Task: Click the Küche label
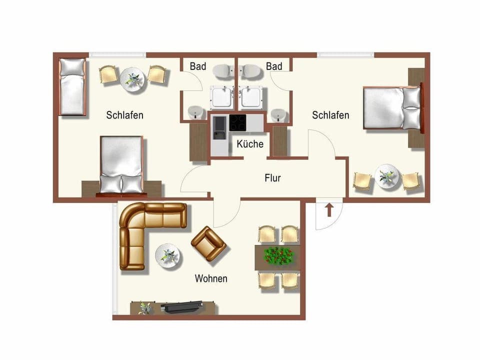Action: click(250, 144)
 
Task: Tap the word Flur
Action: click(272, 177)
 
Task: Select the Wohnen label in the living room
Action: click(211, 278)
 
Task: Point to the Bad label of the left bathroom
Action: click(197, 66)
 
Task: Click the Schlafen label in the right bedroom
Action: click(330, 115)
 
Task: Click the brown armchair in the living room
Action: click(208, 243)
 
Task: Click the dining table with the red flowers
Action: click(278, 256)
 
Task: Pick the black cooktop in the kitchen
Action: click(237, 122)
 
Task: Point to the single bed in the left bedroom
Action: click(72, 86)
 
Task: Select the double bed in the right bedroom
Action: click(391, 108)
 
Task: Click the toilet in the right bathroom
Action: click(251, 71)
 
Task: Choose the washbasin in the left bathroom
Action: click(195, 112)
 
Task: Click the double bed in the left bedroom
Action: click(121, 164)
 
